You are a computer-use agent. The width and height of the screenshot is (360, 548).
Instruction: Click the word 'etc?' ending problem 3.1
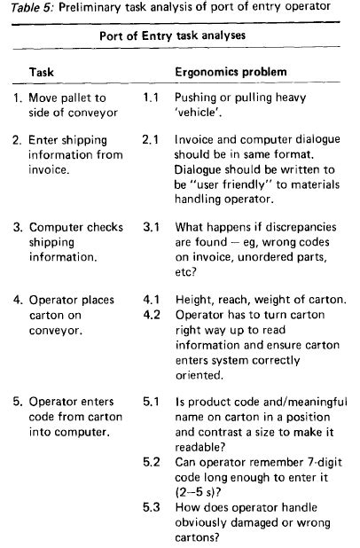coord(185,274)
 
